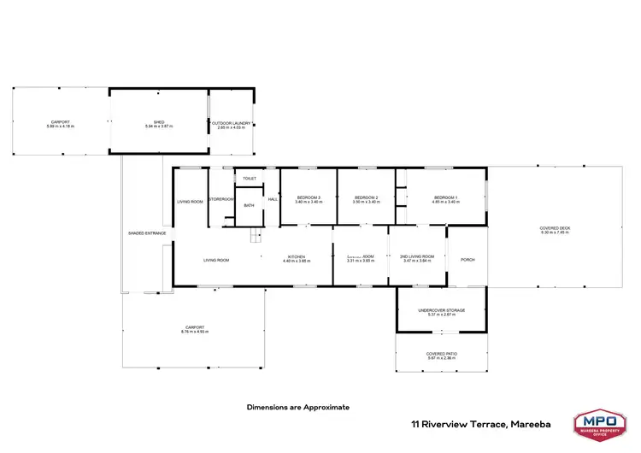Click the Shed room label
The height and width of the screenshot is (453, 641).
tap(158, 124)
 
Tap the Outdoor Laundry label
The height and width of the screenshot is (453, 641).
tap(232, 124)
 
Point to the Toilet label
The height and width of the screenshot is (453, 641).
tap(250, 179)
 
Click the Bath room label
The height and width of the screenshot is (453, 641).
tap(249, 205)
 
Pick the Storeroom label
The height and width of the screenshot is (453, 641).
tap(221, 199)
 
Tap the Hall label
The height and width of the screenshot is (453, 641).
tap(273, 199)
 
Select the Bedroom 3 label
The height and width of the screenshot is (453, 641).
tap(308, 200)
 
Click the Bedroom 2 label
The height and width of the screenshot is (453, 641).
tap(366, 200)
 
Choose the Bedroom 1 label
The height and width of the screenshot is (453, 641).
tap(444, 200)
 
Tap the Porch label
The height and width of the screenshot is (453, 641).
tap(468, 260)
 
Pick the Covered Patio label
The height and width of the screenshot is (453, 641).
tap(441, 355)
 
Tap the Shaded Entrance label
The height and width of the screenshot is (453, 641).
tap(147, 233)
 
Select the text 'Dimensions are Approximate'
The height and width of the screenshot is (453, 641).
tap(298, 408)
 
